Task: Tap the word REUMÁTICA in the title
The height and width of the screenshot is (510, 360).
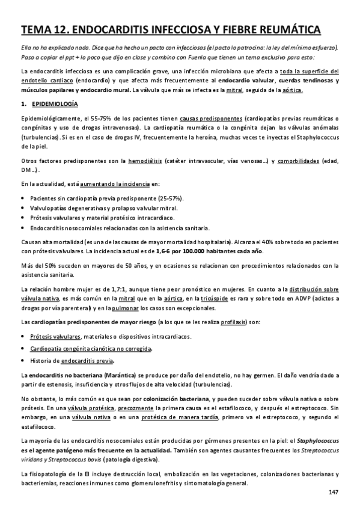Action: [x=285, y=29]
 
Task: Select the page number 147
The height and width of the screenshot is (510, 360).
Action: [x=334, y=493]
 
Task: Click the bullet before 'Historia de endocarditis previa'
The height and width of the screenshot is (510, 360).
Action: [x=22, y=360]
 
